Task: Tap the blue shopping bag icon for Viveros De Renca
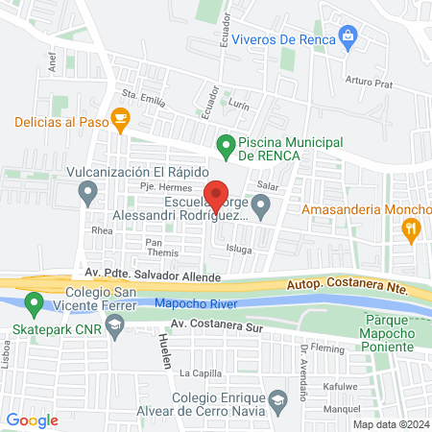click(348, 38)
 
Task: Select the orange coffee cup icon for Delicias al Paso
click(120, 121)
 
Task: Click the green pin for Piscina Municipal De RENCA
click(226, 146)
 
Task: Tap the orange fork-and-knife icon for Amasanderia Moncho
click(411, 228)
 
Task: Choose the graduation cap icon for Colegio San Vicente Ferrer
click(114, 328)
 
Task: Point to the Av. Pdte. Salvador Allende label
click(153, 276)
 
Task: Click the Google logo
click(33, 420)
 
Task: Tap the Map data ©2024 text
click(390, 424)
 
